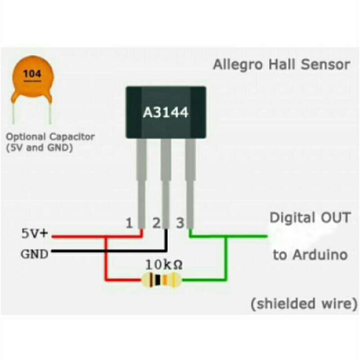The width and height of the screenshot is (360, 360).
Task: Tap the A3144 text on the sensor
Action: coord(166,112)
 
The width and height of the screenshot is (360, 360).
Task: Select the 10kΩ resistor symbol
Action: coord(161,281)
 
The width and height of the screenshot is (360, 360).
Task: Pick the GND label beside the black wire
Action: coord(34,254)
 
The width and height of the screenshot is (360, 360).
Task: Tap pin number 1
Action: coord(129,223)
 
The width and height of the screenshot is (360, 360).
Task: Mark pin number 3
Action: coord(180,223)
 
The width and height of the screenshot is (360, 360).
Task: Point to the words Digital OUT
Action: coord(310,218)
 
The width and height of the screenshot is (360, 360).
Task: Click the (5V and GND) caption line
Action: coord(40,147)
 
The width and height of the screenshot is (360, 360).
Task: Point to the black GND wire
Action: coord(108,251)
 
